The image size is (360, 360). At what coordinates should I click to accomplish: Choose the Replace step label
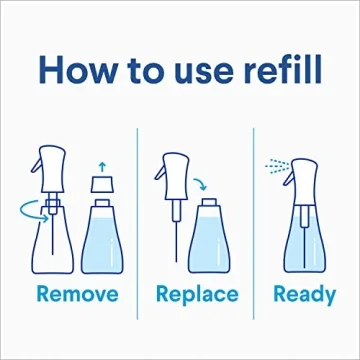197,295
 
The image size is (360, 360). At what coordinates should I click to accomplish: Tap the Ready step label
305,295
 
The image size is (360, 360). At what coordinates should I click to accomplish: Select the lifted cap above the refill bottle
102,185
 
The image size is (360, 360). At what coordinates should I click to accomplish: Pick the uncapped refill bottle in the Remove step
102,240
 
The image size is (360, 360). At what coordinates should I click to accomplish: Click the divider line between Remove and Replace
135,215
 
